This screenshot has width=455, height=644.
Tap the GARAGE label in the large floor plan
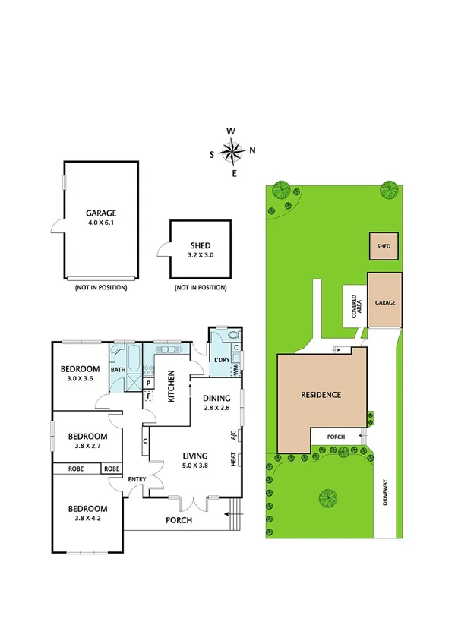100,213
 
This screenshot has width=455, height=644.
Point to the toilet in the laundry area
232,334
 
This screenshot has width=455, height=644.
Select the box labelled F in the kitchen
150,395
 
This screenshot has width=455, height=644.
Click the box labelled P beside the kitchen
150,383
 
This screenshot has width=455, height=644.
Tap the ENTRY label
137,479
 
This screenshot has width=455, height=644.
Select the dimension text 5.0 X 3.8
194,466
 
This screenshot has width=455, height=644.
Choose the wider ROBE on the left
76,469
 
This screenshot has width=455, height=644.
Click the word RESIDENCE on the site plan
321,395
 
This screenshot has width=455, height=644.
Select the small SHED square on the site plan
384,245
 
